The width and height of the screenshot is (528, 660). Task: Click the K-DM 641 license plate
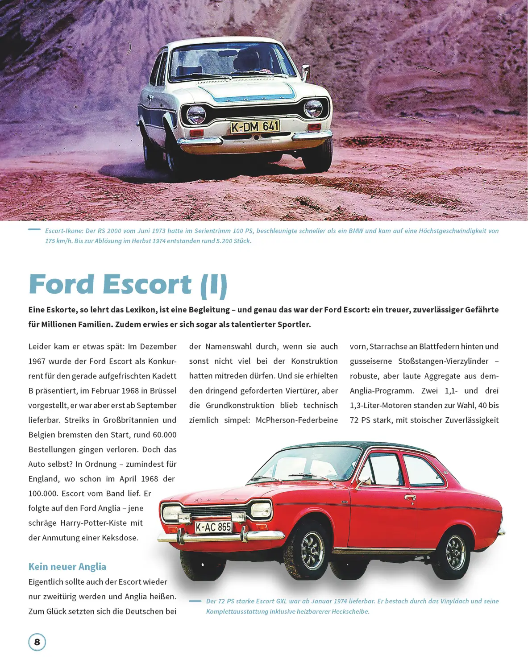255,127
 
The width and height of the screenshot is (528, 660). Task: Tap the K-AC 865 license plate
213,527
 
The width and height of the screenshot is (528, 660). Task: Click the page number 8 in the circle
37,642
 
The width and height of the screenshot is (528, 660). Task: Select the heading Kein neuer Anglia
67,567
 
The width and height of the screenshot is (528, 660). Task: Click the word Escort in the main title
147,284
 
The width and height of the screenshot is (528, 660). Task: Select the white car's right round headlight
313,108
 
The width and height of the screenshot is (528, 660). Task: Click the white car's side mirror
306,70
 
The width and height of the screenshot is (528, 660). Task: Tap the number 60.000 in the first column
165,435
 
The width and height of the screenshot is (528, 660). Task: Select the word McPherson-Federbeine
296,420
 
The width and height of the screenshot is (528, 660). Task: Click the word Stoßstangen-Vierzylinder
443,361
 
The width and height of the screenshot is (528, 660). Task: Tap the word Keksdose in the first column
120,538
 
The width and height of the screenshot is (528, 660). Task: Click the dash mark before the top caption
34,229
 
